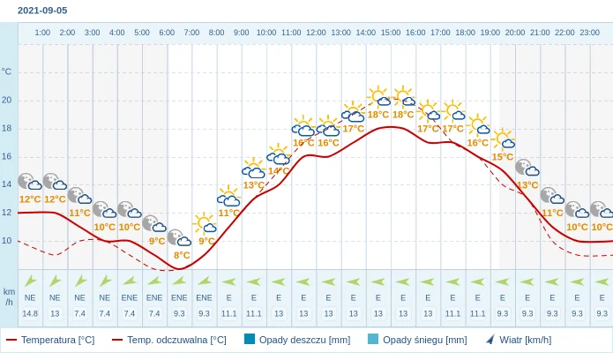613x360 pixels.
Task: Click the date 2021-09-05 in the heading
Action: click(42, 11)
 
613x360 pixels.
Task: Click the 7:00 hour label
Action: click(191, 33)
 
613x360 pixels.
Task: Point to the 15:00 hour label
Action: click(391, 33)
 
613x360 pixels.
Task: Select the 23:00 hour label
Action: click(589, 33)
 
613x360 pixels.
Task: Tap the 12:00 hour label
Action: click(316, 33)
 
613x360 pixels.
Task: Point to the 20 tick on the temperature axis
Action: click(7, 100)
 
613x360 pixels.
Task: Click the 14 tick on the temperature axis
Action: click(7, 184)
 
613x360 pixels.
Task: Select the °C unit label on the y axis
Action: click(7, 71)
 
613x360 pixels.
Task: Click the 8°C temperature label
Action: click(182, 255)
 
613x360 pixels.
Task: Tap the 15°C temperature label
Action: click(503, 157)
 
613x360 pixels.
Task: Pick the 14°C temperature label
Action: click(279, 171)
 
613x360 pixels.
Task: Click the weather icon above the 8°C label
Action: click(180, 238)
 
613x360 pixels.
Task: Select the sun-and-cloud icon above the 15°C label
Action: click(504, 139)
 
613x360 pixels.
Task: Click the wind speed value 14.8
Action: click(30, 313)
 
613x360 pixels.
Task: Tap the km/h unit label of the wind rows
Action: click(9, 296)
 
